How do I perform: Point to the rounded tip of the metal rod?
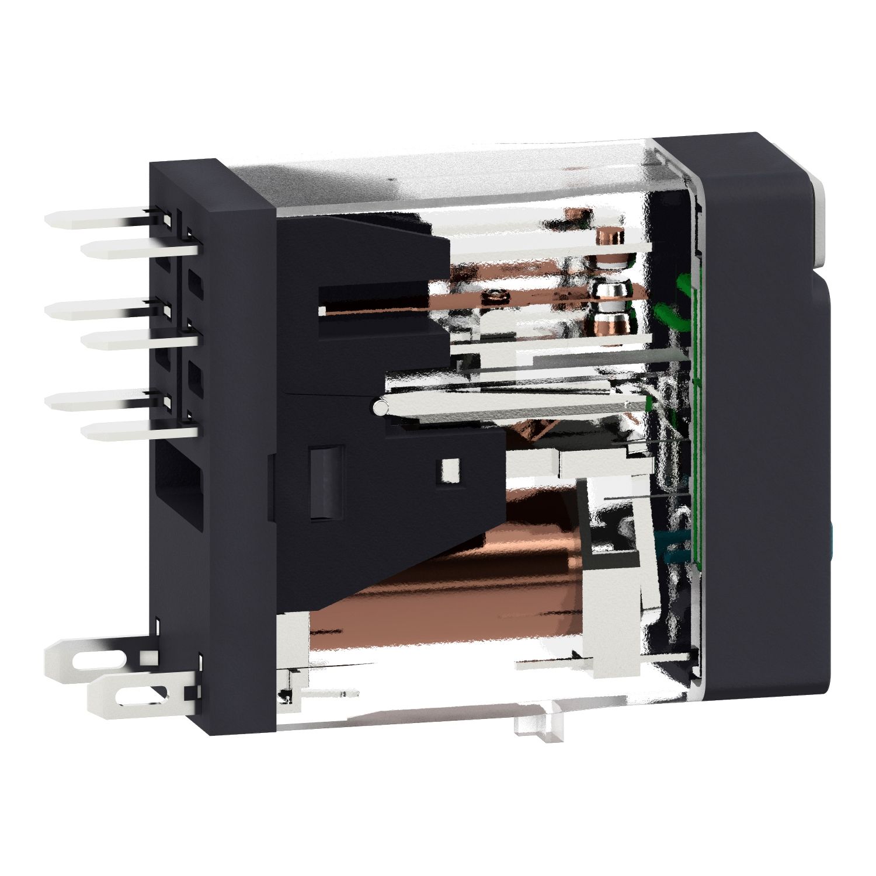(380, 406)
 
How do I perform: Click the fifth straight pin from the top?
(99, 401)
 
